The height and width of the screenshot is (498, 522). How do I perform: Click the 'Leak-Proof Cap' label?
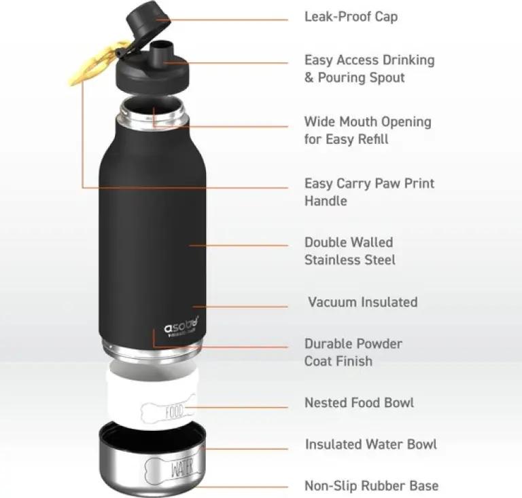click(351, 16)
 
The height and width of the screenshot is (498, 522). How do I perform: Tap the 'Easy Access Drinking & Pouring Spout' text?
click(370, 69)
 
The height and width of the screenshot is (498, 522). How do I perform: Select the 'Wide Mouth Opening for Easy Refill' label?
click(368, 130)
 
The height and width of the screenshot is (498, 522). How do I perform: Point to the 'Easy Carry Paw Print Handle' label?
click(370, 192)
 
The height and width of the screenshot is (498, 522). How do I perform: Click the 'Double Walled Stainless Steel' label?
click(350, 251)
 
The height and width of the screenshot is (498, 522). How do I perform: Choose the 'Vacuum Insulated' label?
click(362, 302)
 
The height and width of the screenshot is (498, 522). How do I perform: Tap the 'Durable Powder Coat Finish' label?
click(353, 353)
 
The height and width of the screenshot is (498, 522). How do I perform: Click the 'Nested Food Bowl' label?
click(359, 402)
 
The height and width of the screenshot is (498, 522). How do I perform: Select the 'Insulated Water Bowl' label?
click(371, 444)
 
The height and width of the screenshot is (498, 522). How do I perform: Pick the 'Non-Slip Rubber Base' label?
click(372, 486)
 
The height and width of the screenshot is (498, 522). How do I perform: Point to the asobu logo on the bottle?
click(181, 326)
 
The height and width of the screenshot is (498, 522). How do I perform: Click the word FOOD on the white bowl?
click(175, 411)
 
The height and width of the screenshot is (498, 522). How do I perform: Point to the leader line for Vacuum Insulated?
click(241, 306)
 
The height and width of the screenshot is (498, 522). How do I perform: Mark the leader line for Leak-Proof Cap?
click(222, 20)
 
